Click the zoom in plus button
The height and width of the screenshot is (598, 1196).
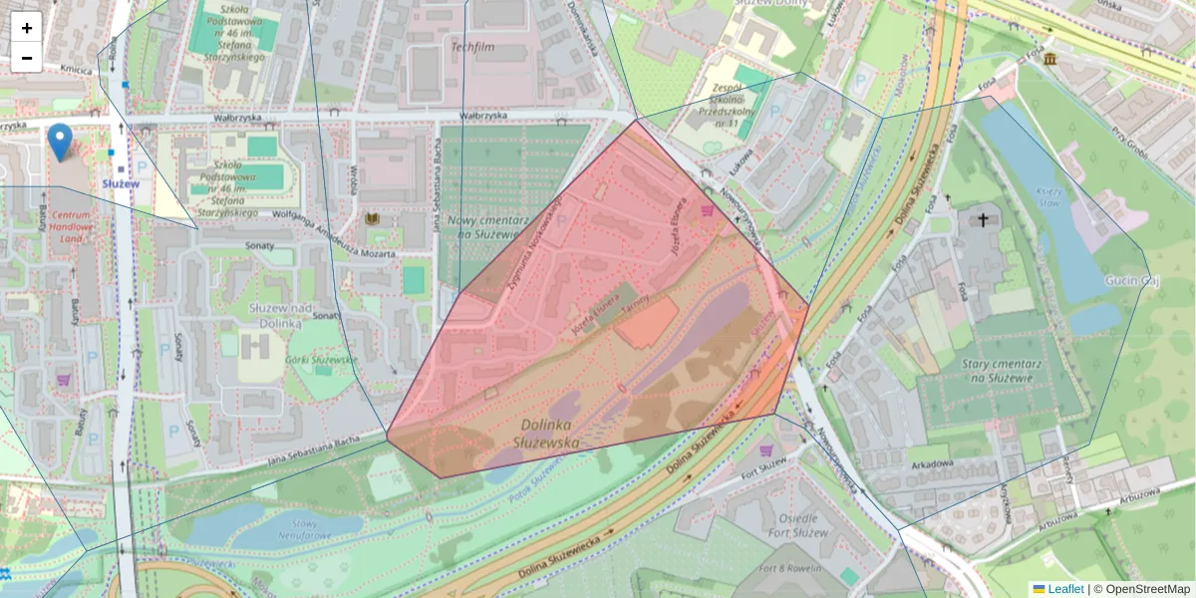pyautogui.click(x=27, y=28)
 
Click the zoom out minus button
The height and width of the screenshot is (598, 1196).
pyautogui.click(x=27, y=58)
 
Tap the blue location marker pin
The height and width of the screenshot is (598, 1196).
pyautogui.click(x=60, y=143)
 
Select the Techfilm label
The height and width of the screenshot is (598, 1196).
pyautogui.click(x=472, y=47)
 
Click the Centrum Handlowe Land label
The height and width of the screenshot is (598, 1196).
pyautogui.click(x=74, y=226)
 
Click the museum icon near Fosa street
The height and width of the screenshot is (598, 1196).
pyautogui.click(x=1050, y=61)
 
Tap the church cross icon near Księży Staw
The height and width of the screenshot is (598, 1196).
pyautogui.click(x=983, y=219)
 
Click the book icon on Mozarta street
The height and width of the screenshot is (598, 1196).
pyautogui.click(x=374, y=218)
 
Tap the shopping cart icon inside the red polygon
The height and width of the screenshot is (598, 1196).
pyautogui.click(x=708, y=210)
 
